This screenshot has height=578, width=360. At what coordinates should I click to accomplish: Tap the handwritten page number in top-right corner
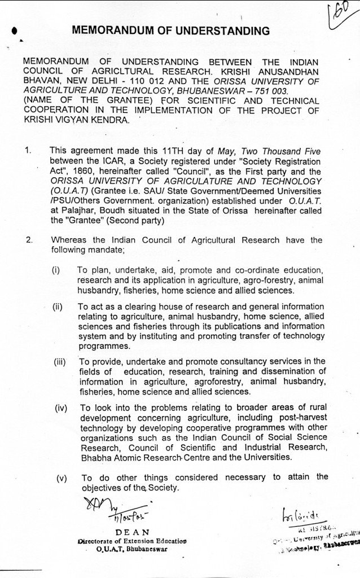[340, 13]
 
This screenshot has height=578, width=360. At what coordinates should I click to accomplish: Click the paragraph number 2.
[29, 240]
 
